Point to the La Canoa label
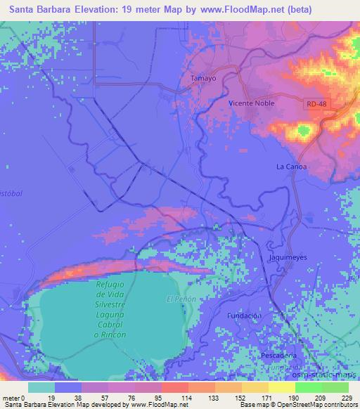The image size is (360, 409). pos(290,167)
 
